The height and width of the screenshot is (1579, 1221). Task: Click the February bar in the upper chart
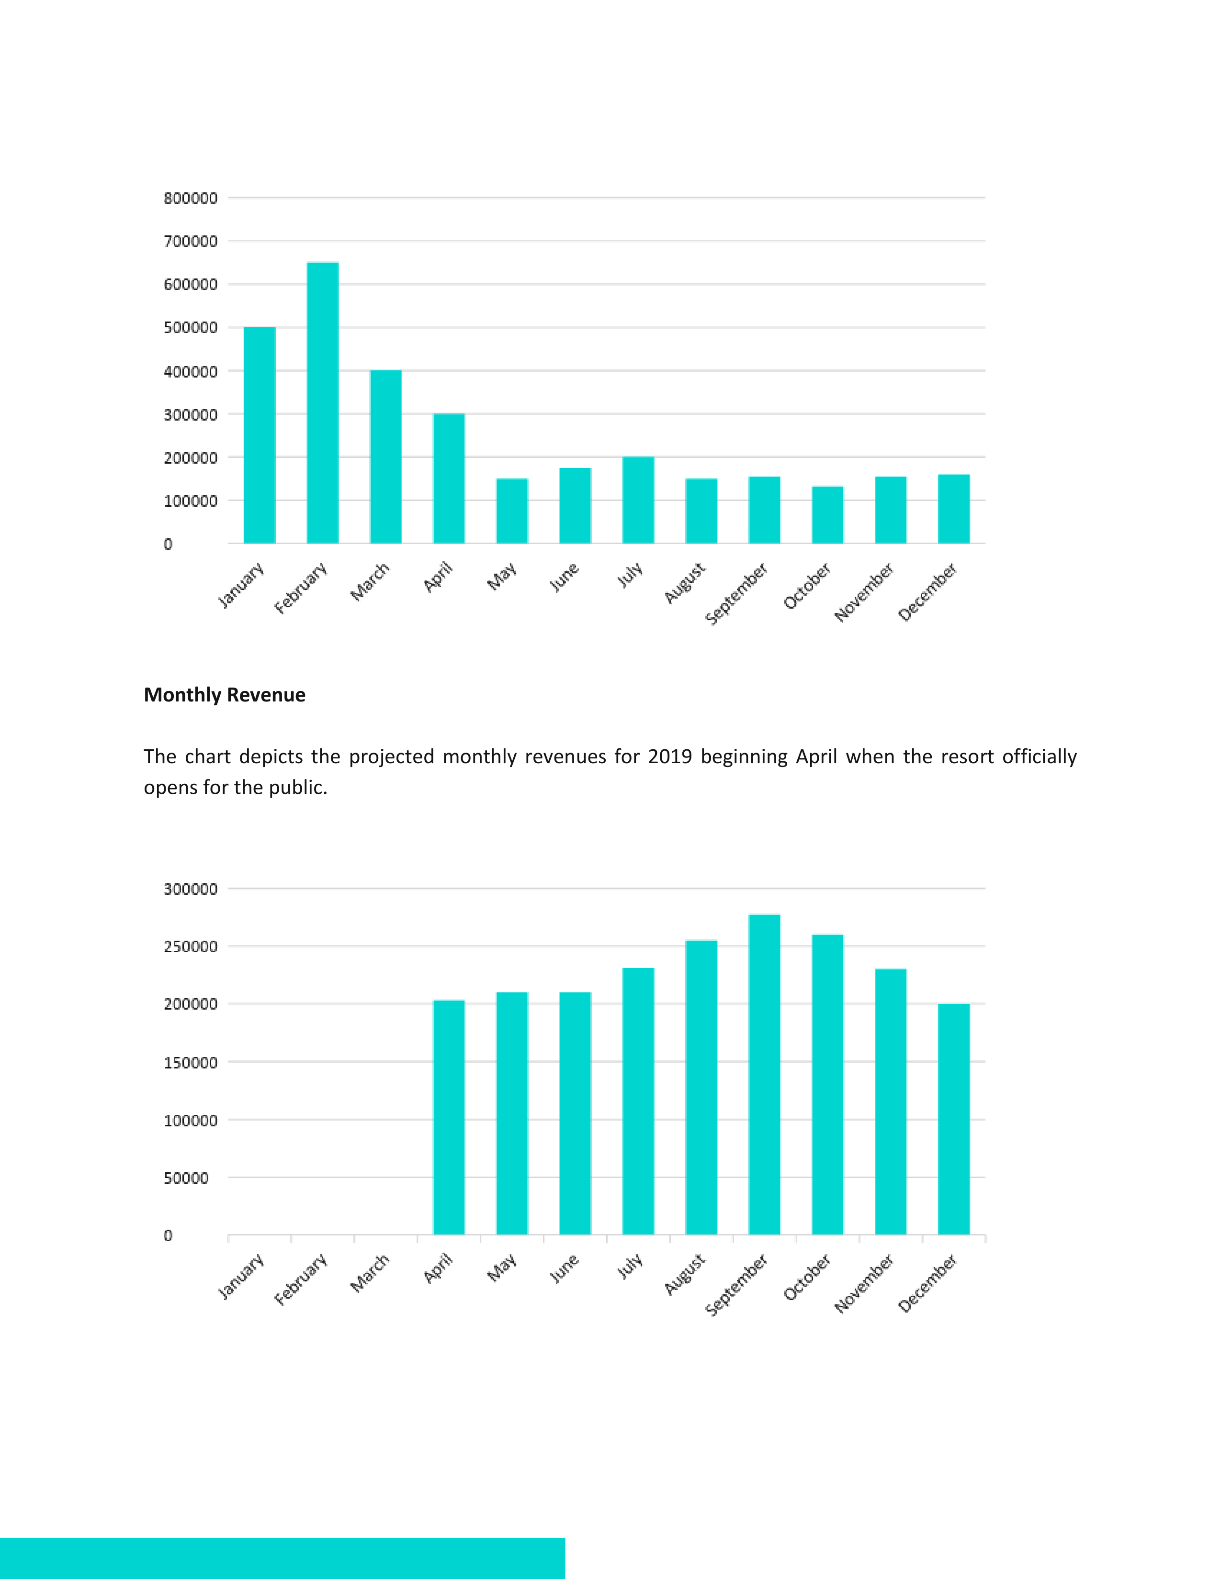click(323, 403)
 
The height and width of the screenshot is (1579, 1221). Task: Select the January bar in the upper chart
click(260, 435)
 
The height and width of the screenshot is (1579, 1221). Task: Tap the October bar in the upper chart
click(827, 515)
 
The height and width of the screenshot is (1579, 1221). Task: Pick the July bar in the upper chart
click(638, 500)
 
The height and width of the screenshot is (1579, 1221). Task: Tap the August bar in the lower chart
click(701, 1088)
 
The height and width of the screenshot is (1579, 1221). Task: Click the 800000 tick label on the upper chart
click(190, 198)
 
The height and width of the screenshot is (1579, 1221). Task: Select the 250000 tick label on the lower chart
click(190, 946)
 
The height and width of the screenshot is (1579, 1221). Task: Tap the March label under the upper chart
click(370, 581)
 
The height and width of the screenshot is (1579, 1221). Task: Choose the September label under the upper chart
click(736, 594)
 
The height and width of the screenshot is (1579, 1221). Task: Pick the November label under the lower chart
click(864, 1283)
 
